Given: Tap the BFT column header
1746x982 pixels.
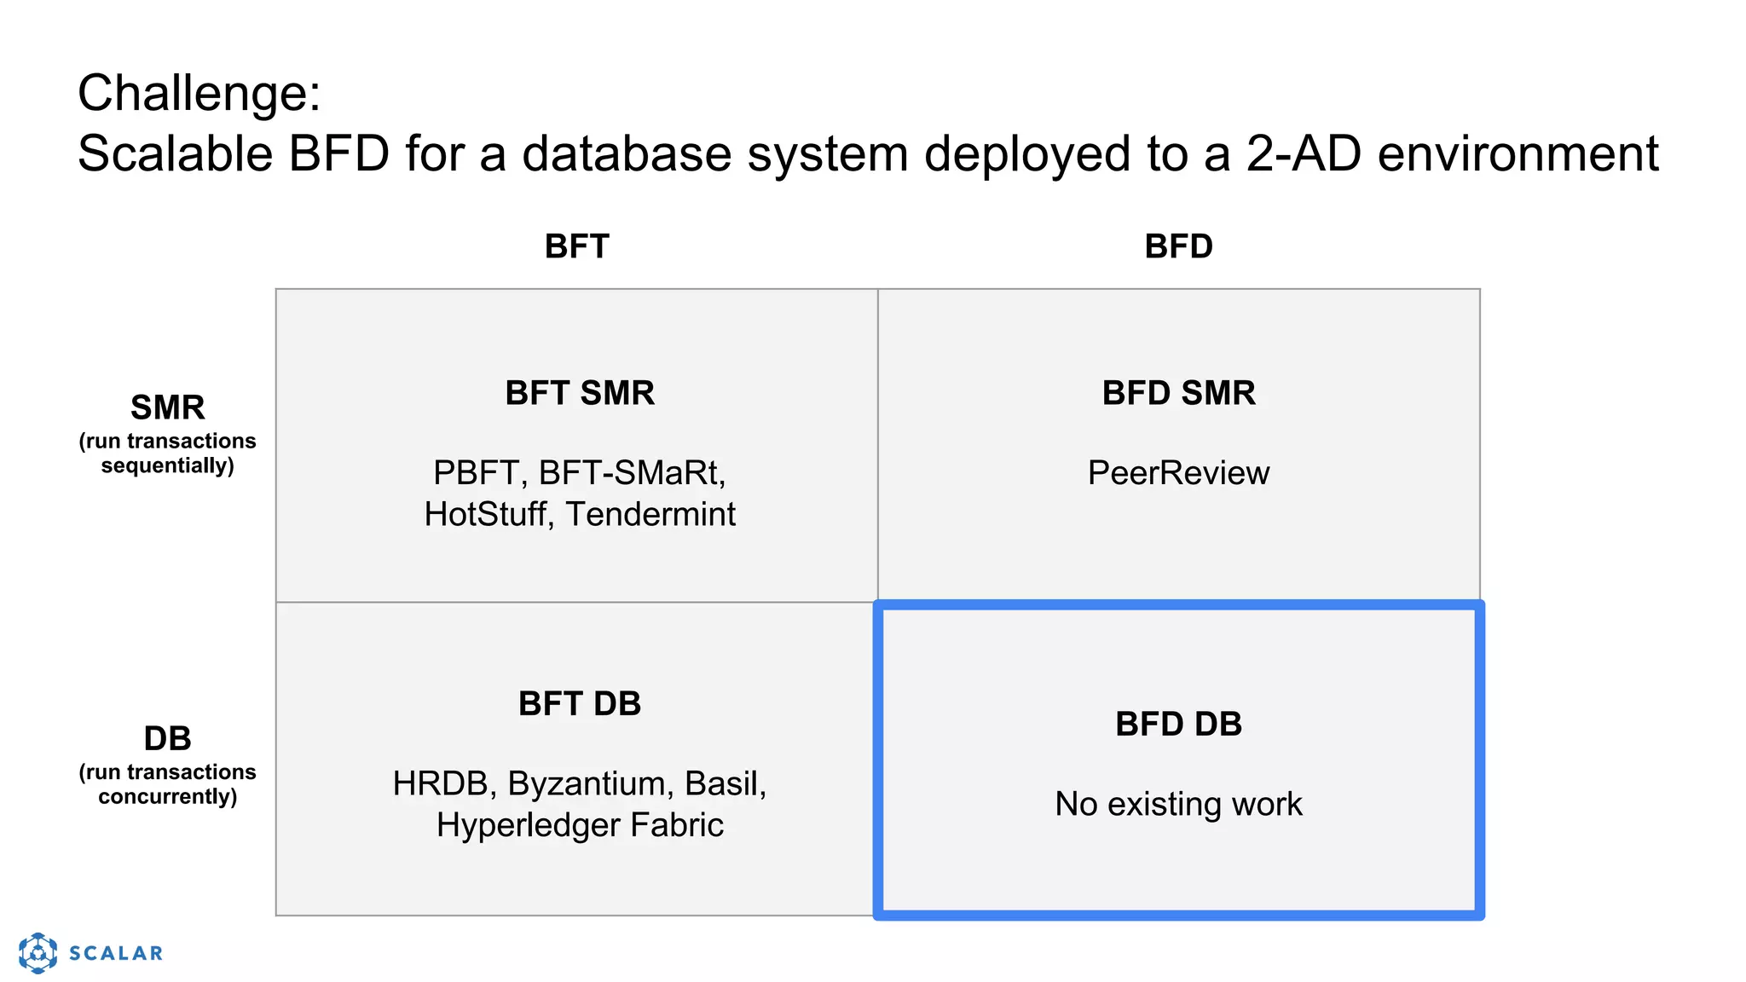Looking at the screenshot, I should pos(577,246).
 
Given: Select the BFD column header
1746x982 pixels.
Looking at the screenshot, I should pos(1178,246).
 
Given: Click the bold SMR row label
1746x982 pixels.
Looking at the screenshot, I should pos(168,407).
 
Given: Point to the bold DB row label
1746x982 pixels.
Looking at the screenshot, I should pos(168,738).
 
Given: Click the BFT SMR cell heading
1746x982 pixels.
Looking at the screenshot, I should pos(580,393).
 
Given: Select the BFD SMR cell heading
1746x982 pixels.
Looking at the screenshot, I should pos(1178,393).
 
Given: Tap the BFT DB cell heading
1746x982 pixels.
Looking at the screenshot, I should pos(580,704).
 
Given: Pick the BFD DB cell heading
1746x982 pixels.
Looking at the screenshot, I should pos(1178,724).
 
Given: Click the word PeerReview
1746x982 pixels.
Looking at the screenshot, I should pos(1178,473).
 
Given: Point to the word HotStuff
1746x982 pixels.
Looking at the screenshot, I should pos(487,514).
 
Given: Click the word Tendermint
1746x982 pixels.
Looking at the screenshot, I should pos(650,514).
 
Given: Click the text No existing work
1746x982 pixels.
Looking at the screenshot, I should pos(1178,804).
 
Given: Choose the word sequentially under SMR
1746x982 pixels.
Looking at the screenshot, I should pos(168,465).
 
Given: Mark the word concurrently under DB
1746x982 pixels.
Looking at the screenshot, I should pos(168,796).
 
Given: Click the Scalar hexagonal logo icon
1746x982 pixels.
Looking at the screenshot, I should pos(38,952).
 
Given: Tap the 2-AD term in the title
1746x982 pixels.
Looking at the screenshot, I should pos(1304,154).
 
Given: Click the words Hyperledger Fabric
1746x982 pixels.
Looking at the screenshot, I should pos(580,825).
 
